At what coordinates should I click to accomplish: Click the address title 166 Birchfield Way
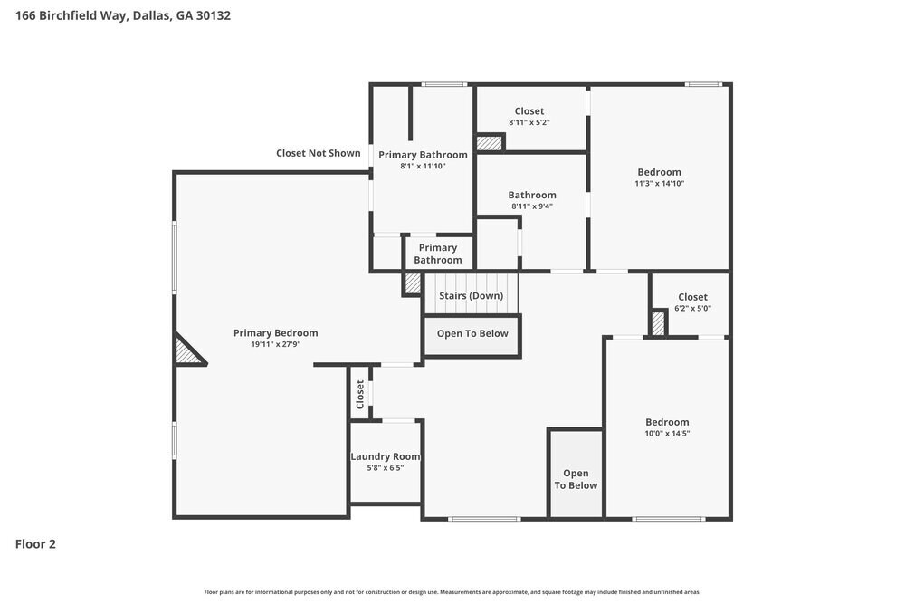coord(122,15)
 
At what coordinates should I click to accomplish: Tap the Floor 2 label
coord(35,544)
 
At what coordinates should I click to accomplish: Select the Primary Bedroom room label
coord(275,332)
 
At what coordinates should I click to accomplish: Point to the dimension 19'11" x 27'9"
coord(275,344)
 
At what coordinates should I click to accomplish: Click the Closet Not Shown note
coord(318,153)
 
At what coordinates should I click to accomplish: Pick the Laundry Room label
coord(385,456)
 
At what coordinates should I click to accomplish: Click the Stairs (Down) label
coord(471,296)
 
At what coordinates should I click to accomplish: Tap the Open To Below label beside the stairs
coord(472,333)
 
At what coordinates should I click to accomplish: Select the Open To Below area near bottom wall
coord(576,479)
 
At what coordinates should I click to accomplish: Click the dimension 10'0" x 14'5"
coord(667,434)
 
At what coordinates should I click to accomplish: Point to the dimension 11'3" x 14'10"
coord(659,184)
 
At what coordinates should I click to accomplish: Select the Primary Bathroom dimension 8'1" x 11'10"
coord(423,166)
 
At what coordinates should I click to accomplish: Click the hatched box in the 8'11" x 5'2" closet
coord(490,142)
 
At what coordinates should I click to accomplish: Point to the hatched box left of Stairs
coord(413,283)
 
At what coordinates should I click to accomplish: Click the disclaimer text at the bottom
coord(452,592)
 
